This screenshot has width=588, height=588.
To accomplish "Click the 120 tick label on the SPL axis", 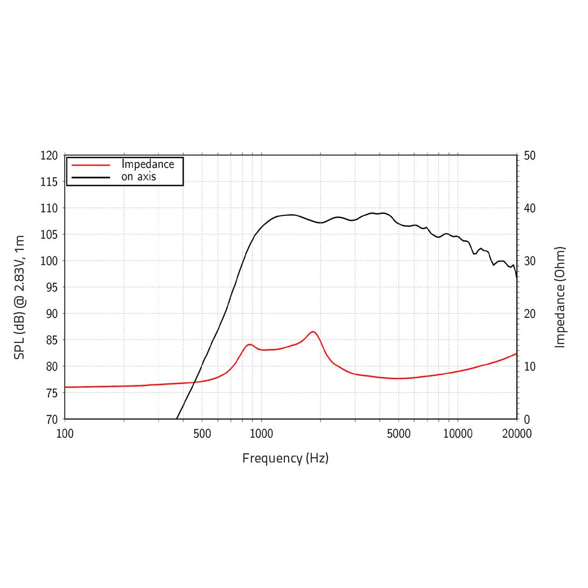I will coord(49,156).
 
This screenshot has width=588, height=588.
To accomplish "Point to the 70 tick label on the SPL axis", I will coord(49,419).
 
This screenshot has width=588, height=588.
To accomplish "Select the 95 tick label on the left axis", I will coord(49,288).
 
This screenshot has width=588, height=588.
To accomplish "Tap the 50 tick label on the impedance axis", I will coord(529,156).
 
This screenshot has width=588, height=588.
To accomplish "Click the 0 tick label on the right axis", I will coord(527,419).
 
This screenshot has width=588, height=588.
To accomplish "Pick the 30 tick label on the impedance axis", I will coord(529,261).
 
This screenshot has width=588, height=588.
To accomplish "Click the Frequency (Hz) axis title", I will coord(285,459).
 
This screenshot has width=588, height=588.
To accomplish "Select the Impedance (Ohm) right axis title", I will coord(560,297).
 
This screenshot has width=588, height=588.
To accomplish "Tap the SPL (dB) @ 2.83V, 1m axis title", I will coord(20,297).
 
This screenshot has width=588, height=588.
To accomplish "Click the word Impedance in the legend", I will coord(148,164).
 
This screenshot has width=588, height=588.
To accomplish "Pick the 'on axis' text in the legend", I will coord(138,177).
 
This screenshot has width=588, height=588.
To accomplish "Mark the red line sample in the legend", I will coord(90,165).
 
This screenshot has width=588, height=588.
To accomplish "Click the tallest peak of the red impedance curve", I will coord(313,332).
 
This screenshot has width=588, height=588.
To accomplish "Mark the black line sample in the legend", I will coord(90,177).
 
